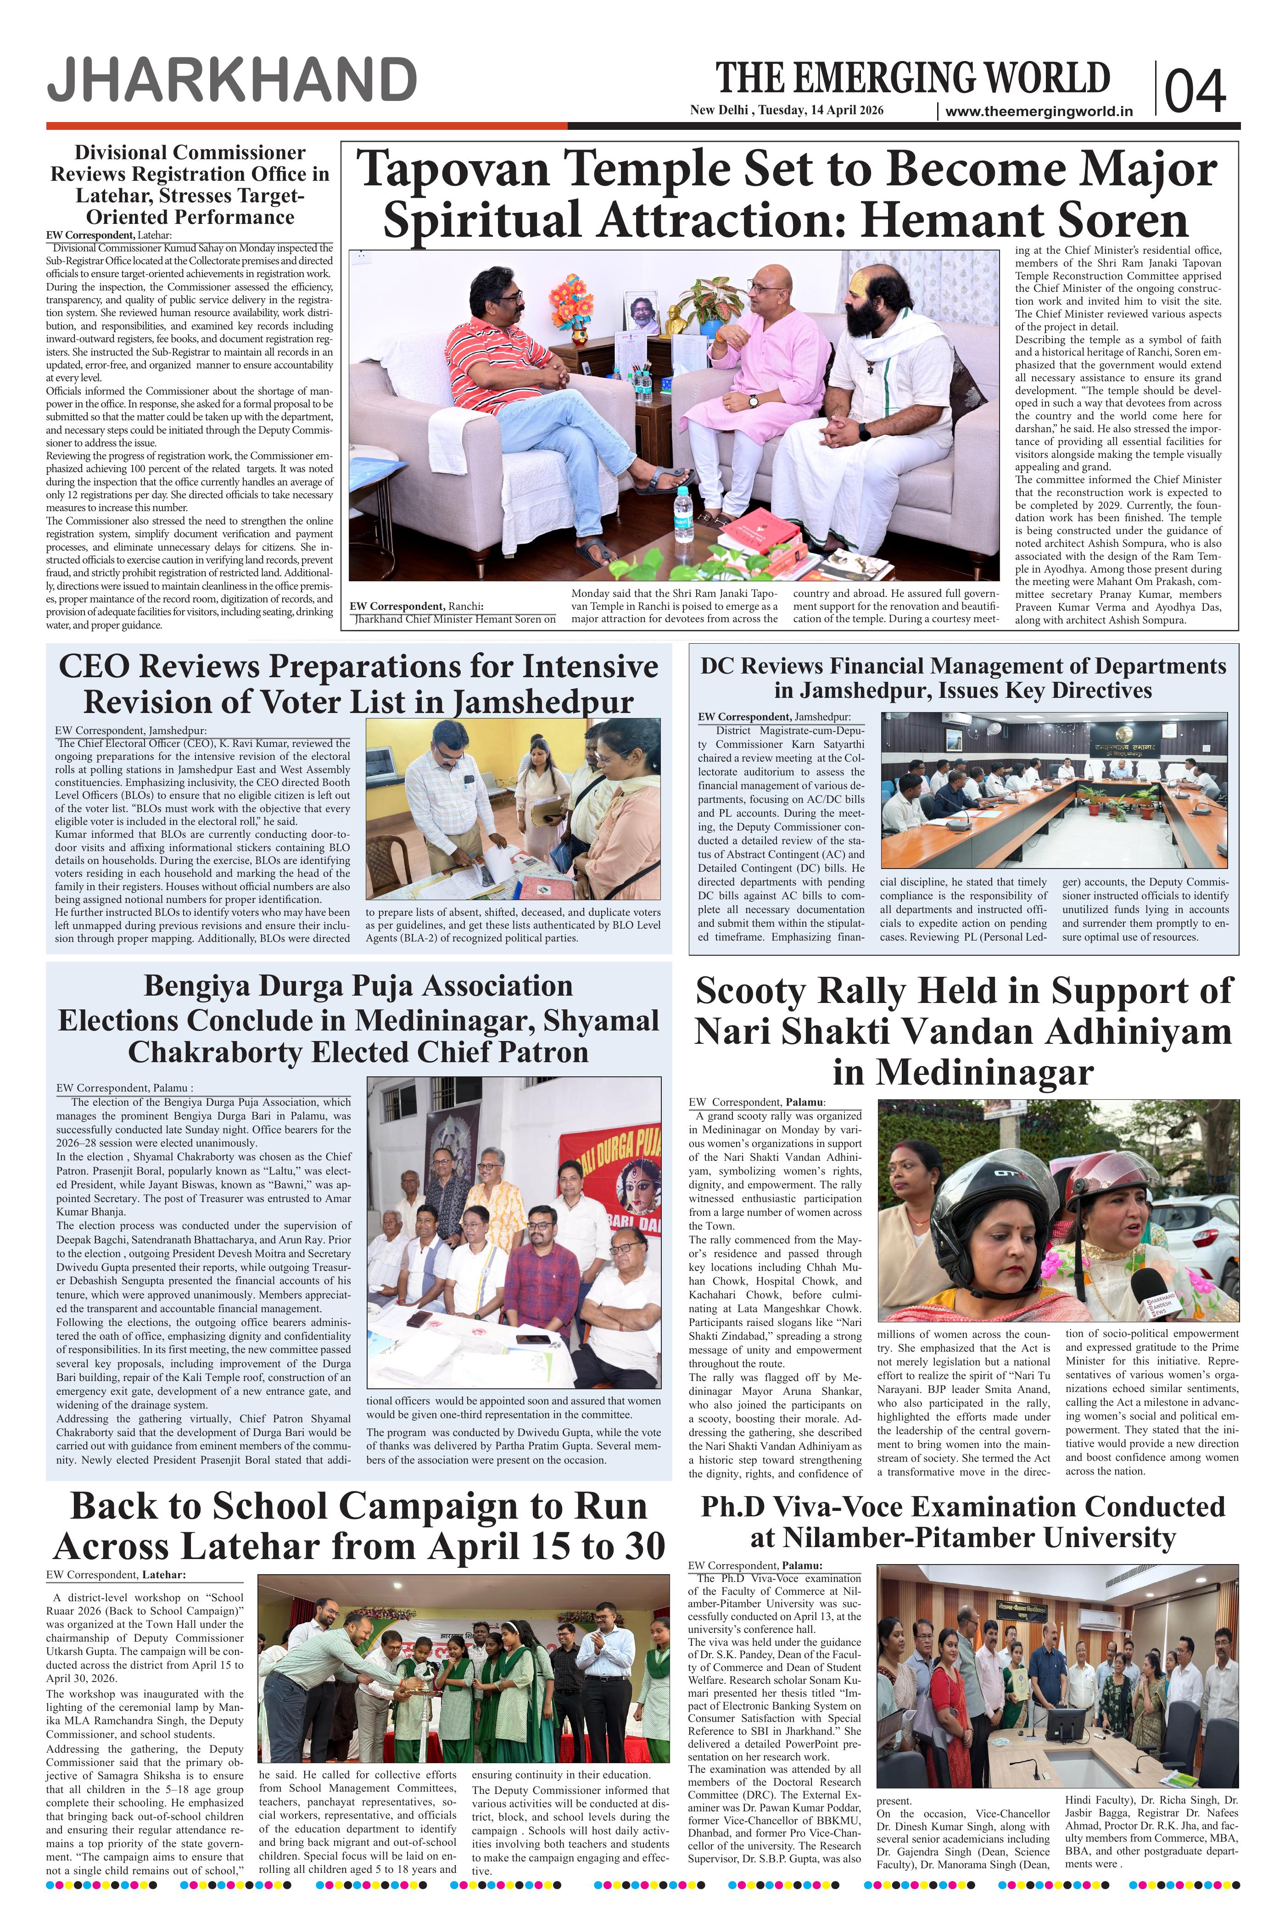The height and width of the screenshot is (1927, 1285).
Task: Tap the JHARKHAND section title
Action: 232,81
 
